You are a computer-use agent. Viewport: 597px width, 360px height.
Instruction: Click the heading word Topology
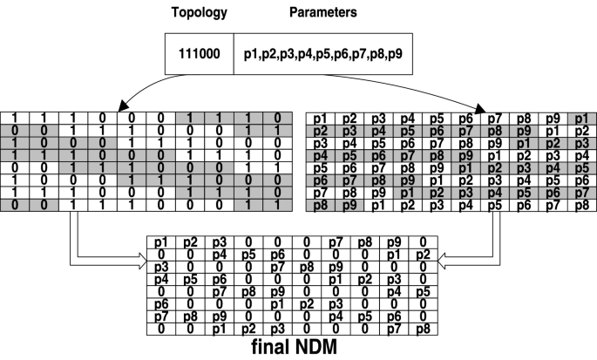point(199,15)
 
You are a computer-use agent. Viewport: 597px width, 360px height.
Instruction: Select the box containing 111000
point(199,55)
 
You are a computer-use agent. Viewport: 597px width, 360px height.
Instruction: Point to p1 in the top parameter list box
point(253,55)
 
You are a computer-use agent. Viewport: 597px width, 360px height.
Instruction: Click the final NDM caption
point(294,347)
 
